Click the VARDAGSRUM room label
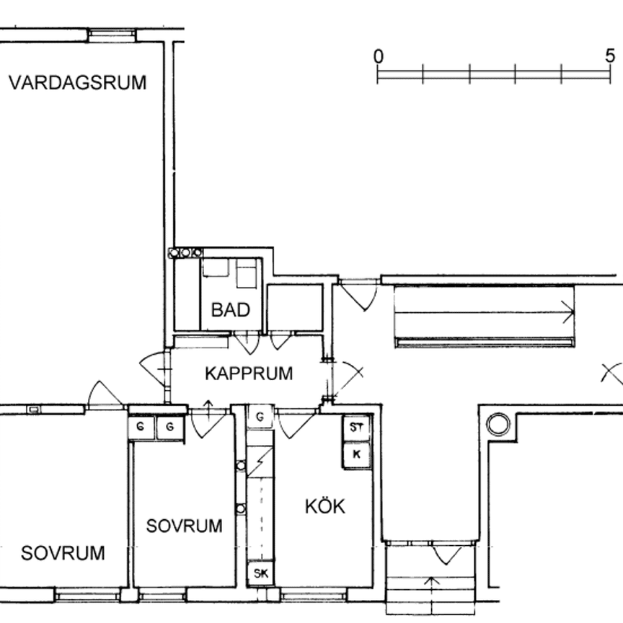[77, 83]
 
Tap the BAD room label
[230, 310]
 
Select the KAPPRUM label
[249, 374]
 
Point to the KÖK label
[324, 506]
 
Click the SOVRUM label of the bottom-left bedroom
[63, 554]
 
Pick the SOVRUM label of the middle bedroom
[184, 526]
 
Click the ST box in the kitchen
[356, 427]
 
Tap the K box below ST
[356, 455]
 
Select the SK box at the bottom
[260, 574]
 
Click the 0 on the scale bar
[379, 57]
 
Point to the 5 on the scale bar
[610, 57]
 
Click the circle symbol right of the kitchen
[498, 424]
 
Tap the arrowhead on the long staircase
[570, 312]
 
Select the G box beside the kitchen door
[260, 416]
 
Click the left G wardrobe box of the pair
[141, 428]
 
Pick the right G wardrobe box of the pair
[170, 428]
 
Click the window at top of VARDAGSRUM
[112, 33]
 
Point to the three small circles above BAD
[185, 252]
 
